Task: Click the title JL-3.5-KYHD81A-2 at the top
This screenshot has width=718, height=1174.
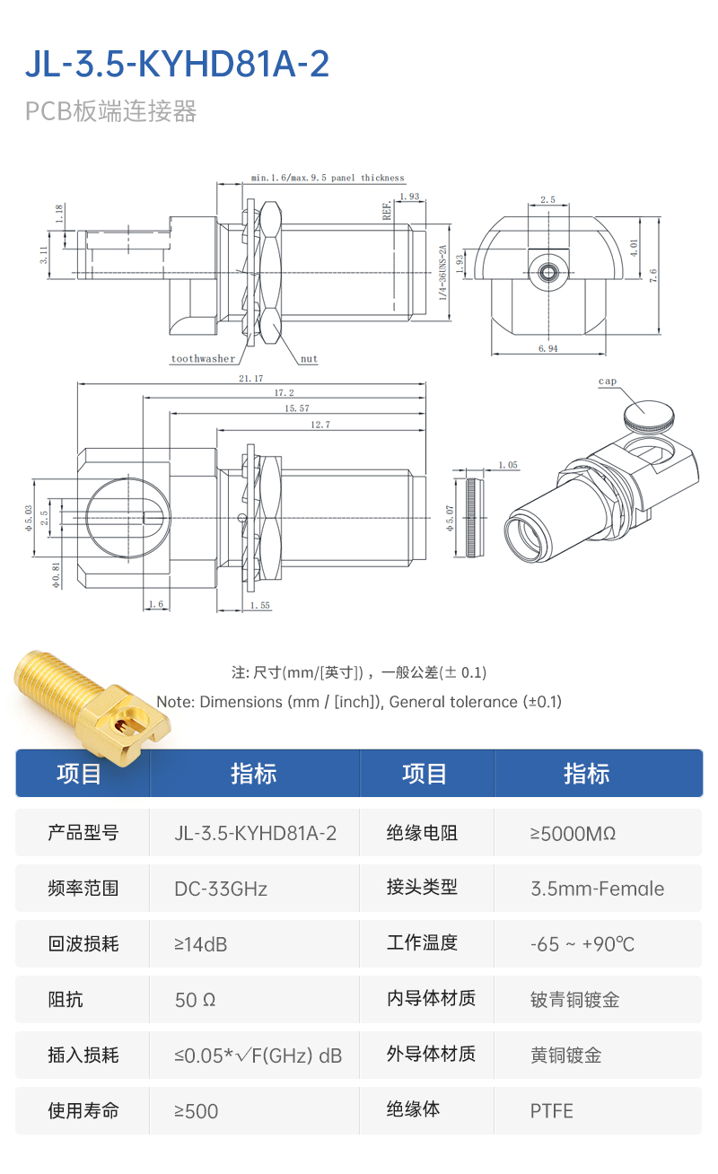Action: pos(177,65)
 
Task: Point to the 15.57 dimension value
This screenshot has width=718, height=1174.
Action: pos(296,408)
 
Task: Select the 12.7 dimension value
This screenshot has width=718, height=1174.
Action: pos(320,425)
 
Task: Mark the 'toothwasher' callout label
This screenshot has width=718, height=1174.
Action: pos(203,359)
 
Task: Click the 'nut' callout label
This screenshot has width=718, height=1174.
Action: pos(309,359)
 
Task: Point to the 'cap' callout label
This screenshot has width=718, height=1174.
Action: pos(608,381)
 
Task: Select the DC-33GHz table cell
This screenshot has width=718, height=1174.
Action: pos(221,889)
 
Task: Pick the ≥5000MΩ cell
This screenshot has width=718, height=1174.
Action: pos(573,833)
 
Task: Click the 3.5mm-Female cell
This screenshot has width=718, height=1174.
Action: pos(597,889)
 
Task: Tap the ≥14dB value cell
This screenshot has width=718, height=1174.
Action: pos(200,944)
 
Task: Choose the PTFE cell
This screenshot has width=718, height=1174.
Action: pos(551,1111)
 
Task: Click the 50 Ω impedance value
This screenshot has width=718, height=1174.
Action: pos(195,1000)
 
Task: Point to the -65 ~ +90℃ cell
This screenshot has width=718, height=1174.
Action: pos(582,944)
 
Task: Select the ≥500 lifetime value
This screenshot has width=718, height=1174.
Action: pos(196,1111)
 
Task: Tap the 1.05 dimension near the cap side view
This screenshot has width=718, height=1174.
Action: pos(507,465)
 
